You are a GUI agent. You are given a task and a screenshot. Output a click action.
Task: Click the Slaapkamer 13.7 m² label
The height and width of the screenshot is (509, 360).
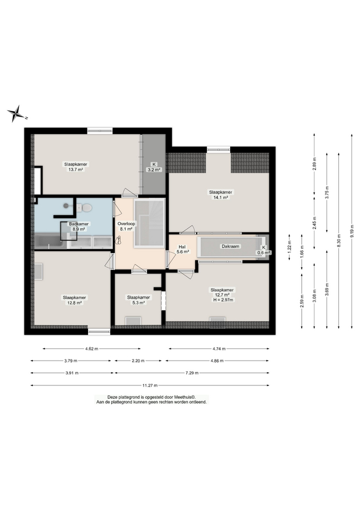[x=76, y=167]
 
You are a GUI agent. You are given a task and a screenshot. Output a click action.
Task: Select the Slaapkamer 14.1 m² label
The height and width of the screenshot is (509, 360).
[x=221, y=195]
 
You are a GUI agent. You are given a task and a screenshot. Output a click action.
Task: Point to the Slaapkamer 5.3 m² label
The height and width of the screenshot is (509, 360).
[x=138, y=300]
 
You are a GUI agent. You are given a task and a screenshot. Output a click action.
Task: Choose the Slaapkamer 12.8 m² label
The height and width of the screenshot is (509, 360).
[x=74, y=300]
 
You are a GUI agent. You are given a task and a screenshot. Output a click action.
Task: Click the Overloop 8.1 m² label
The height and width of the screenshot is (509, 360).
[x=126, y=226]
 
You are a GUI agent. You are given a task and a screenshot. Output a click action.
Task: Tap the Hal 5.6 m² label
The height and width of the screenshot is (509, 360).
[x=182, y=249]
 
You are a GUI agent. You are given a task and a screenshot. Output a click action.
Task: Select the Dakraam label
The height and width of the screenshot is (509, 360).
[x=231, y=247]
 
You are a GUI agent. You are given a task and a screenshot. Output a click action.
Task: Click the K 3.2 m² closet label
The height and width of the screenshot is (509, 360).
[x=154, y=167]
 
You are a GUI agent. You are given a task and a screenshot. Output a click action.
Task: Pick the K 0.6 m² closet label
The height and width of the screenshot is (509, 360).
[x=264, y=250]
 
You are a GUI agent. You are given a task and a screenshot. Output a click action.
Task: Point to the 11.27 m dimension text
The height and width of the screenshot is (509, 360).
[x=150, y=385]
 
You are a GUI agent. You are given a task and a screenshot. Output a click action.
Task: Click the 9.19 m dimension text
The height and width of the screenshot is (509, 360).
[x=352, y=231]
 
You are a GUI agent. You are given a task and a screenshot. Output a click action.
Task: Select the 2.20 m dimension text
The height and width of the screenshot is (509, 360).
[x=138, y=361]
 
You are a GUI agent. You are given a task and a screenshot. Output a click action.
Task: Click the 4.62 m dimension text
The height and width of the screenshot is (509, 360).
[x=92, y=349]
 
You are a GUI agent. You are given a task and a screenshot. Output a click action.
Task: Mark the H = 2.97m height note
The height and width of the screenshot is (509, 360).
[x=223, y=300]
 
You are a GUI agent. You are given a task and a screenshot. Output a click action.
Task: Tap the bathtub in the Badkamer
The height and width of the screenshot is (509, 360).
[x=49, y=241]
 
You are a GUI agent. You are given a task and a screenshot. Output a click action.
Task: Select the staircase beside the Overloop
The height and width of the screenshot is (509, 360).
[x=150, y=223]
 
